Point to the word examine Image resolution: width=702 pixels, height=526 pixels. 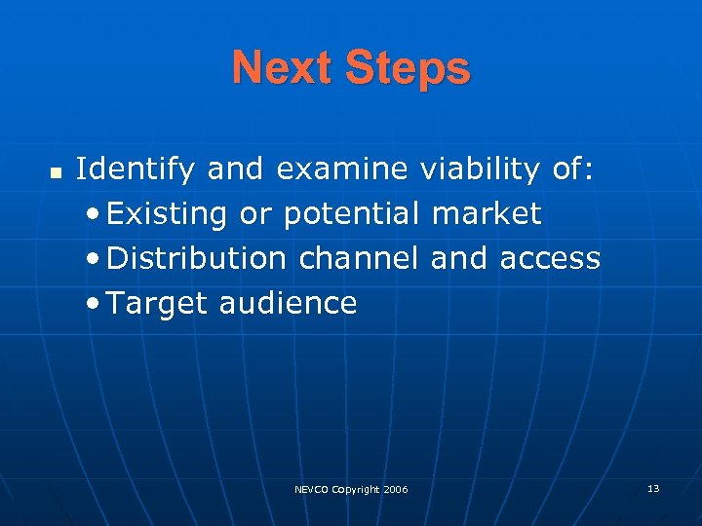coord(341,169)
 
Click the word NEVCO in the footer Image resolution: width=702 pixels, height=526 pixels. coord(312,489)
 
